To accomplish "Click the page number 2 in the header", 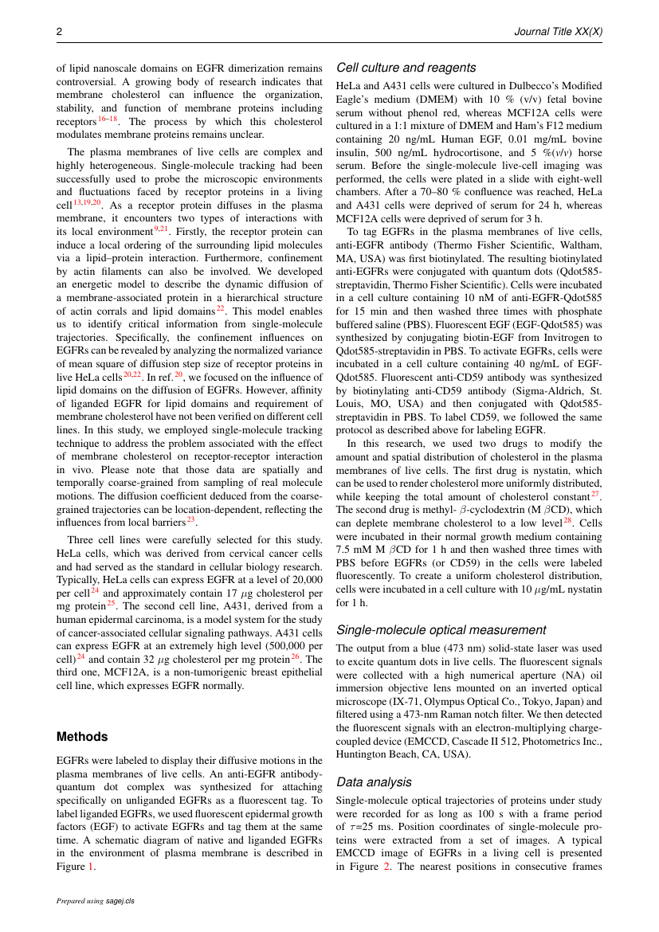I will pos(59,32).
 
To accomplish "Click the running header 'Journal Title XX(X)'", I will pos(557,32).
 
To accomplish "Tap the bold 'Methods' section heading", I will pos(82,737).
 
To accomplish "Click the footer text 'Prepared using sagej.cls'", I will pos(95,901).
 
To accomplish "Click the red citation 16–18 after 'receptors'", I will pos(108,119).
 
